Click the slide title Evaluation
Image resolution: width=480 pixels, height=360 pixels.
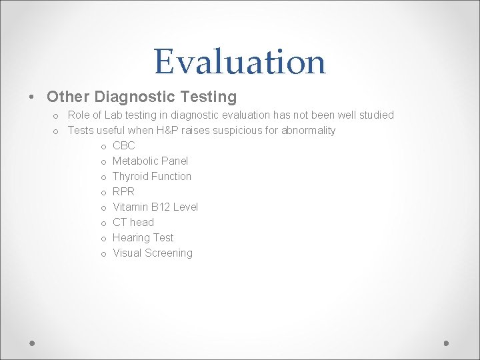[x=240, y=61]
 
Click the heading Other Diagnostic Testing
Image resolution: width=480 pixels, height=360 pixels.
[x=141, y=97]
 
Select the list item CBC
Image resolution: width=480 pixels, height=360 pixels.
[x=123, y=145]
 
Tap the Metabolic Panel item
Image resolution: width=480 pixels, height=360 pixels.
[x=150, y=161]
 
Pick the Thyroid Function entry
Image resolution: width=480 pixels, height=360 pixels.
[x=151, y=176]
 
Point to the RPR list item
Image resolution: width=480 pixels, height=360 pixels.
[x=123, y=191]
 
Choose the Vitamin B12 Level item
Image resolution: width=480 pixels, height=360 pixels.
[x=155, y=207]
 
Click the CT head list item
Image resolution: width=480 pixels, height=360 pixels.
[x=133, y=222]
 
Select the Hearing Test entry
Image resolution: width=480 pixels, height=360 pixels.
[x=143, y=237]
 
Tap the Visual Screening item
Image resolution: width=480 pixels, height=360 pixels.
[x=152, y=253]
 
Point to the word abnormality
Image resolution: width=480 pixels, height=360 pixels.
[x=308, y=130]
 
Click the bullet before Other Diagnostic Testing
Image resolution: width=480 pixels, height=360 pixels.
[x=33, y=97]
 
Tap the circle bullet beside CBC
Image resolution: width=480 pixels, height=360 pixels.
[x=104, y=146]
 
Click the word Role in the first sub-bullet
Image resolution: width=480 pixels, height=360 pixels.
[x=79, y=115]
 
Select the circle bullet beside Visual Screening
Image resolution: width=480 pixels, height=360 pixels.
[x=104, y=253]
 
